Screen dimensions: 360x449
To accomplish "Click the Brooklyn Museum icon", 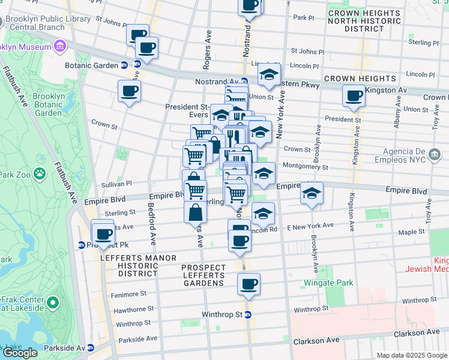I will (x=59, y=46).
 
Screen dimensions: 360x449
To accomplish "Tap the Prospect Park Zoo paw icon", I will (x=40, y=174).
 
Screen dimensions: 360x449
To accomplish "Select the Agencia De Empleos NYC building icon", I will (x=433, y=155).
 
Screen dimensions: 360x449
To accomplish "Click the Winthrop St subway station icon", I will (x=247, y=314).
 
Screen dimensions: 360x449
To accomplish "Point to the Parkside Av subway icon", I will (x=91, y=348).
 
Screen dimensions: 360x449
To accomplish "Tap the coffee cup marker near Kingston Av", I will (x=354, y=95).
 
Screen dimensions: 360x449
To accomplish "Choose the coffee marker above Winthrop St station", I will (x=249, y=283).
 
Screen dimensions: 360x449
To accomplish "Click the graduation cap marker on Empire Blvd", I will (x=312, y=193).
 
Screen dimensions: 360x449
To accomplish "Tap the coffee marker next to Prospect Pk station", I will (x=103, y=233).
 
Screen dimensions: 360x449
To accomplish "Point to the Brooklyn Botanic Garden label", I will (x=48, y=104).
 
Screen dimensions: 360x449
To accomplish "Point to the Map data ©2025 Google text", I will (x=412, y=355).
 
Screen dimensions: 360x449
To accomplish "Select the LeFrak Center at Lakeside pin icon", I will (x=53, y=304).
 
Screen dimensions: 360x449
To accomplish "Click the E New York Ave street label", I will (x=310, y=226).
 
